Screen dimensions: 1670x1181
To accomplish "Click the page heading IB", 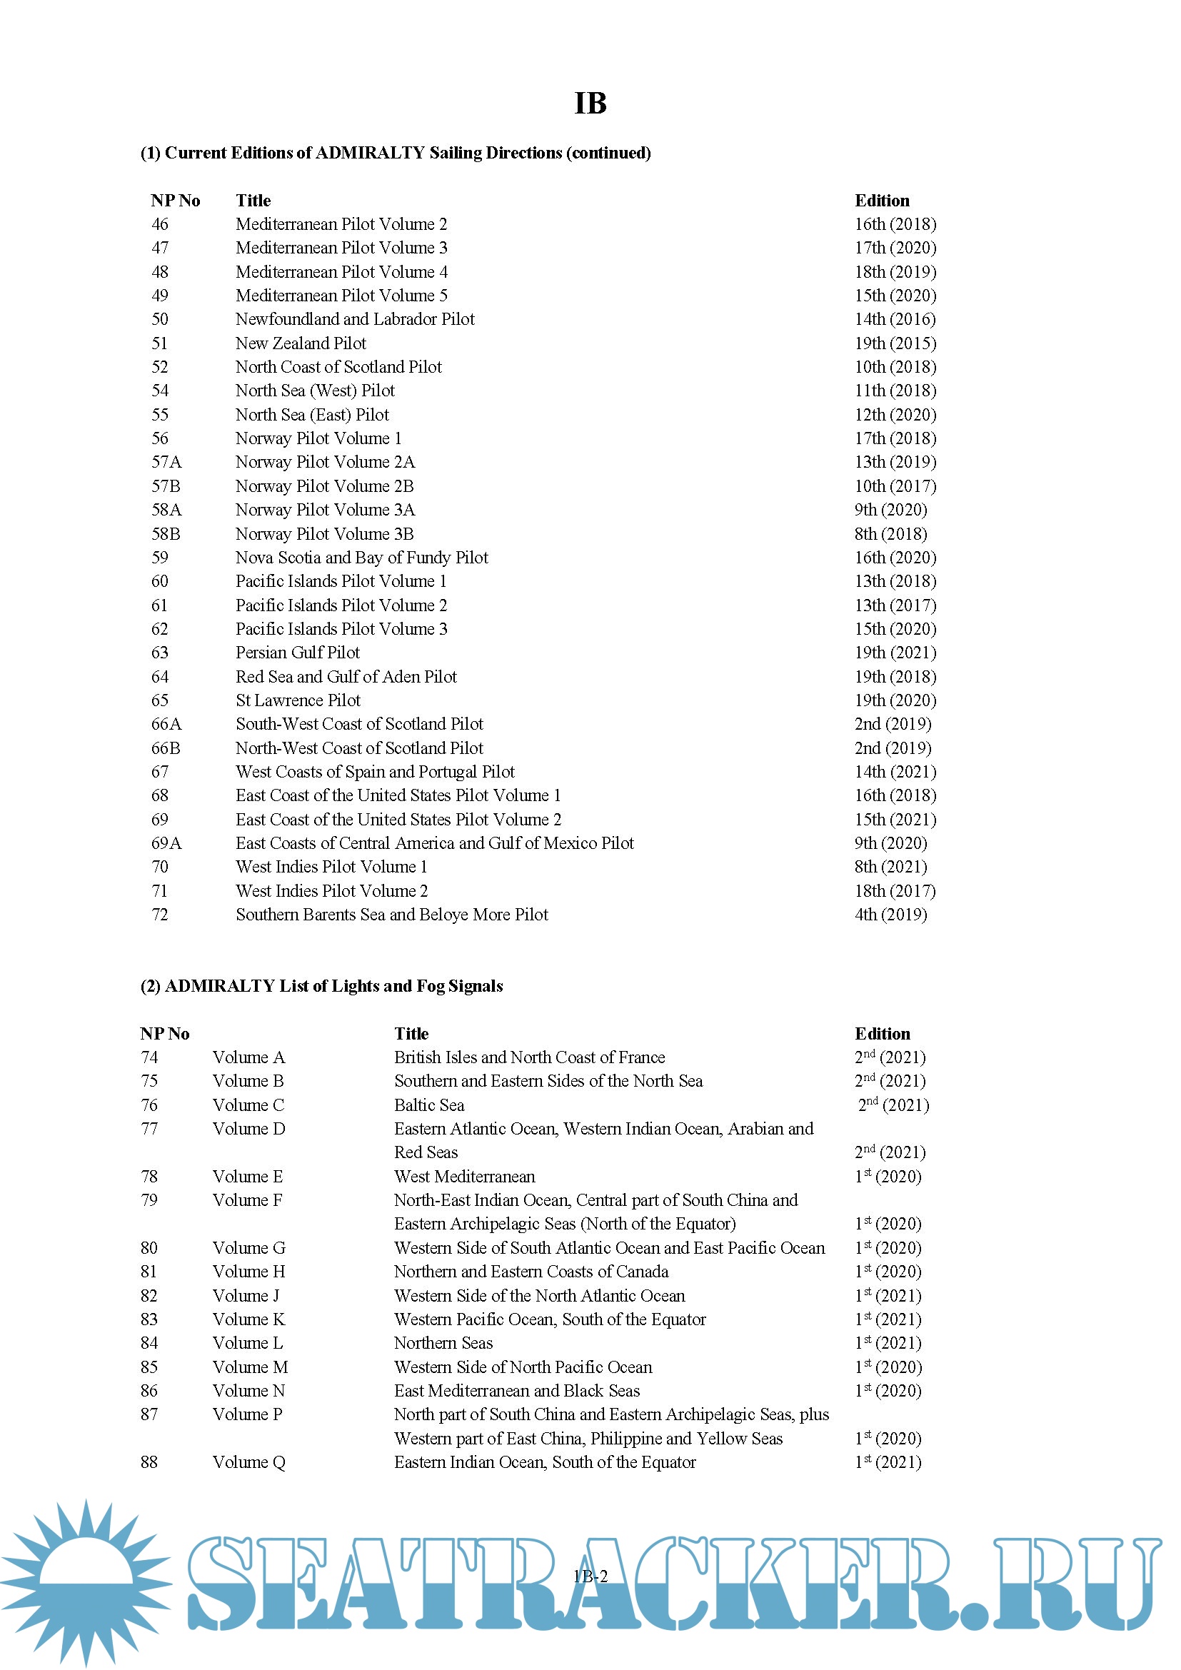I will click(590, 104).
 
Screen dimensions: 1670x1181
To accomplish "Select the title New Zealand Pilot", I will click(301, 343).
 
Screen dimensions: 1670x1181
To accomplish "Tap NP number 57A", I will click(166, 462).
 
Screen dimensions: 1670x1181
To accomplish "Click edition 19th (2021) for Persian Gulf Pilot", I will click(895, 653).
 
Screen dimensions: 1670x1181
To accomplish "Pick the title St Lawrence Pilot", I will click(298, 700).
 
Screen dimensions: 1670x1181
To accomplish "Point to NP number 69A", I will click(166, 843).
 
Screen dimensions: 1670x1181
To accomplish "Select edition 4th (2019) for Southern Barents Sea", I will click(890, 915).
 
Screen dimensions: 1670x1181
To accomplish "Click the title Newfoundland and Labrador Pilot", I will click(354, 319).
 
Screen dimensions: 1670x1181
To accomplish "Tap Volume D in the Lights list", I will click(248, 1129).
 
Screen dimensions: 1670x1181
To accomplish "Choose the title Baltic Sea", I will click(429, 1105).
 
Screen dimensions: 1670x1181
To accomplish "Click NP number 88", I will click(149, 1462).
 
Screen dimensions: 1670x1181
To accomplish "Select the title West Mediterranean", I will click(464, 1176).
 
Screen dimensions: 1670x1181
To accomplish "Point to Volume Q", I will click(248, 1462).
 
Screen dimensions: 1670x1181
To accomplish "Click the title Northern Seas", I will click(443, 1343).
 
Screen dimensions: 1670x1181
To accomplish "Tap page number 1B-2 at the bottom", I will click(590, 1576).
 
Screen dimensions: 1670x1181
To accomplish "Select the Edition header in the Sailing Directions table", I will click(881, 201).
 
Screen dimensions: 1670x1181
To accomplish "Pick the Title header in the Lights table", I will click(411, 1034).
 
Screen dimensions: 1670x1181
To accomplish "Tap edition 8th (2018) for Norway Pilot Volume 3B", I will click(890, 534).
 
